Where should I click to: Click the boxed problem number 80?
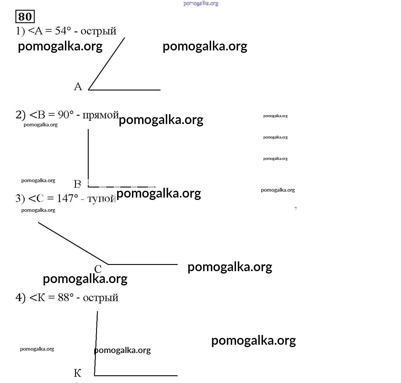click(25, 17)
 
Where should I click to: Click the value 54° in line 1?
click(63, 31)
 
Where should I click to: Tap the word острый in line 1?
click(98, 31)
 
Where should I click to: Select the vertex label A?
click(78, 87)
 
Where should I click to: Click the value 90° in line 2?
click(66, 115)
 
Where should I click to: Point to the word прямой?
click(101, 115)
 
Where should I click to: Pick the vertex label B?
click(77, 184)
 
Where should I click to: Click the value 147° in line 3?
click(68, 198)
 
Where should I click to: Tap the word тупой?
click(101, 198)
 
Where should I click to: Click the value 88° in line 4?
click(66, 297)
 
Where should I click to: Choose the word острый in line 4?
click(101, 298)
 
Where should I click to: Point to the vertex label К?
click(77, 373)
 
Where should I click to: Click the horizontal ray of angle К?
click(136, 376)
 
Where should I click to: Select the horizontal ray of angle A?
click(125, 90)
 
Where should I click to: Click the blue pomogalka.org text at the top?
click(201, 4)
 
